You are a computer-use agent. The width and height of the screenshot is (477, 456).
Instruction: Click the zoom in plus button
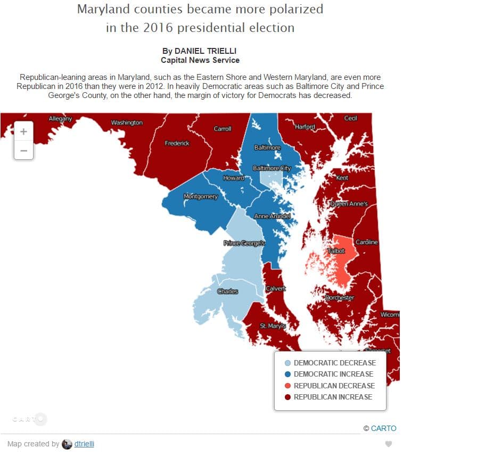pyautogui.click(x=23, y=132)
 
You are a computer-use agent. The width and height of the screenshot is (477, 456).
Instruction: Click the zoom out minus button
pyautogui.click(x=23, y=151)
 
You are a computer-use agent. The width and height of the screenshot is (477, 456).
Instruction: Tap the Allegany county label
pyautogui.click(x=60, y=118)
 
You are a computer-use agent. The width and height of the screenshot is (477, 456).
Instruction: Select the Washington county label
pyautogui.click(x=127, y=123)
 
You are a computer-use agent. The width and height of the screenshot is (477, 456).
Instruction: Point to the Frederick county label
pyautogui.click(x=177, y=143)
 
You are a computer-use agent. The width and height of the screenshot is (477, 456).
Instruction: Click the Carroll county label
pyautogui.click(x=223, y=129)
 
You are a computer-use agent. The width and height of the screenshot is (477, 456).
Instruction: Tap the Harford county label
pyautogui.click(x=305, y=127)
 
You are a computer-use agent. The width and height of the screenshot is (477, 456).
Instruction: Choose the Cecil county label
pyautogui.click(x=350, y=118)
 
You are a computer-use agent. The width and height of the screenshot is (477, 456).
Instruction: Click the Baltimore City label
pyautogui.click(x=272, y=168)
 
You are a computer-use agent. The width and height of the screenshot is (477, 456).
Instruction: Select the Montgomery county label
pyautogui.click(x=201, y=197)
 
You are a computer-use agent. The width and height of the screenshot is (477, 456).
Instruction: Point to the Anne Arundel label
pyautogui.click(x=272, y=216)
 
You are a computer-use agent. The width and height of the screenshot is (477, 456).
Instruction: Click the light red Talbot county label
pyautogui.click(x=336, y=251)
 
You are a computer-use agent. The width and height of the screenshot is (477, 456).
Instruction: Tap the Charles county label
pyautogui.click(x=228, y=291)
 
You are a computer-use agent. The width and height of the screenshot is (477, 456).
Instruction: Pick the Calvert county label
pyautogui.click(x=276, y=288)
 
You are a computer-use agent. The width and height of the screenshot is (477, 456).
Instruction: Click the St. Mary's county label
pyautogui.click(x=273, y=325)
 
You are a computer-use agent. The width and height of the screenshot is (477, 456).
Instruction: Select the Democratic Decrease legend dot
pyautogui.click(x=287, y=363)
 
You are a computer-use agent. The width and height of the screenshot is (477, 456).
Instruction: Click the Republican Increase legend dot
pyautogui.click(x=287, y=397)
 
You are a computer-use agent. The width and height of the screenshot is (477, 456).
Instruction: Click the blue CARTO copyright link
pyautogui.click(x=383, y=428)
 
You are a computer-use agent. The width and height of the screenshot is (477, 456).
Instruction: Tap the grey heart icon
pyautogui.click(x=389, y=444)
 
